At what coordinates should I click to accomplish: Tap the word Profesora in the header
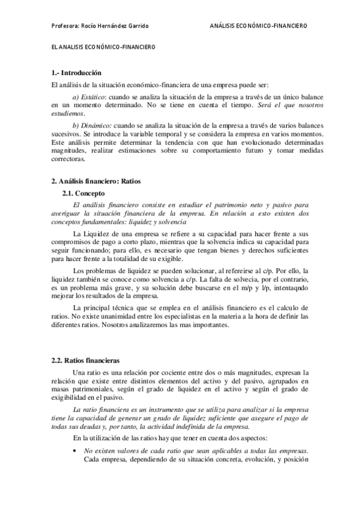point(65,26)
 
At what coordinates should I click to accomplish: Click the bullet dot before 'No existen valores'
point(74,450)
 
